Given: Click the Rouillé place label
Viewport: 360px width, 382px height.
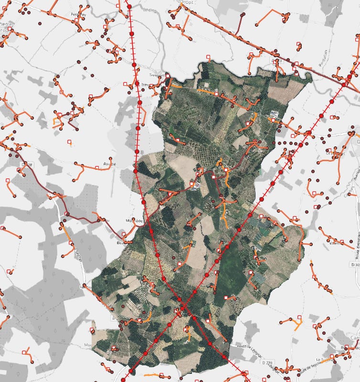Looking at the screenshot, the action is point(109,163).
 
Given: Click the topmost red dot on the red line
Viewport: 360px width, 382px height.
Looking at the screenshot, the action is point(129,6).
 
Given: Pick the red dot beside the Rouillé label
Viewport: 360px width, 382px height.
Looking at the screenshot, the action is point(135,170).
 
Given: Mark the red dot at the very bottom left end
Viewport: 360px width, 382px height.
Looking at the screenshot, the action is point(124,380).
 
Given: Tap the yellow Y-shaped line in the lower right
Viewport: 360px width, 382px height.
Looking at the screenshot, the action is point(298,326).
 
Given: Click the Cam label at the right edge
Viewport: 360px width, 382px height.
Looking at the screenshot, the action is point(355,338).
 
